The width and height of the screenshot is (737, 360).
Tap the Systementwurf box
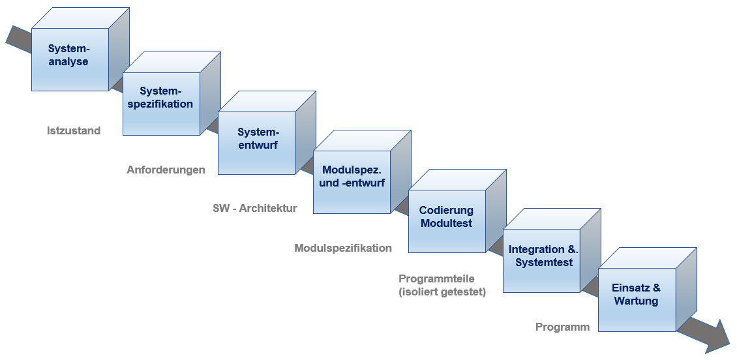pyautogui.click(x=257, y=138)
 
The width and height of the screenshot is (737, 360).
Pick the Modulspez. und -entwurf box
pyautogui.click(x=352, y=176)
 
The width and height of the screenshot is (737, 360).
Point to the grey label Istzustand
pyautogui.click(x=74, y=130)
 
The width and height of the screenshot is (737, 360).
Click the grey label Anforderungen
pyautogui.click(x=166, y=170)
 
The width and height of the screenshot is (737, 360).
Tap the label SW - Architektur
pyautogui.click(x=254, y=209)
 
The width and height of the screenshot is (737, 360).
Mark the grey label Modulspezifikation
pyautogui.click(x=343, y=248)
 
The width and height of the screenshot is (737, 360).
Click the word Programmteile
pyautogui.click(x=436, y=278)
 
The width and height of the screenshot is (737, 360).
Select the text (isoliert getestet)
pyautogui.click(x=442, y=292)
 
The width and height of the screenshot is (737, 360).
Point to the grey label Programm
pyautogui.click(x=562, y=327)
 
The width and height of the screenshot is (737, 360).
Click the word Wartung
pyautogui.click(x=636, y=301)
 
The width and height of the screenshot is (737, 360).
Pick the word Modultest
pyautogui.click(x=447, y=223)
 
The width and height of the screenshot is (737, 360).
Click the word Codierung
pyautogui.click(x=446, y=210)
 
